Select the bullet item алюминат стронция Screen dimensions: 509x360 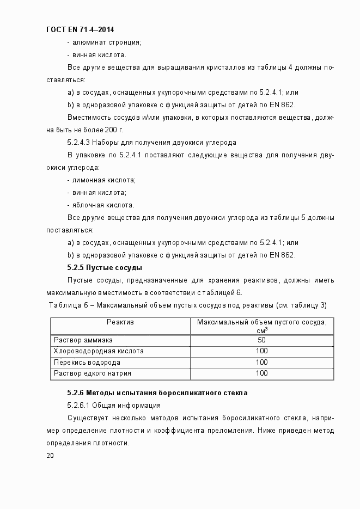(104, 42)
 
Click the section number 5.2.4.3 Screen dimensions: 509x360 (79, 143)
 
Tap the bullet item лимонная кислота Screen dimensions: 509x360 (101, 180)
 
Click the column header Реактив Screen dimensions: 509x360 (120, 322)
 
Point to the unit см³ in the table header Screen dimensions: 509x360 (261, 330)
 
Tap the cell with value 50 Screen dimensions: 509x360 (261, 340)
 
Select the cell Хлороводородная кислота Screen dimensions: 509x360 (99, 351)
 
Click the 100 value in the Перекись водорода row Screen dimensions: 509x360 (261, 363)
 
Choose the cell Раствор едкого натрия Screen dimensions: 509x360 (93, 373)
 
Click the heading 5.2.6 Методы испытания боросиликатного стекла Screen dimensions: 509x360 (157, 393)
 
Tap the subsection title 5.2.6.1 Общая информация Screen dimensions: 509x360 (113, 405)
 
